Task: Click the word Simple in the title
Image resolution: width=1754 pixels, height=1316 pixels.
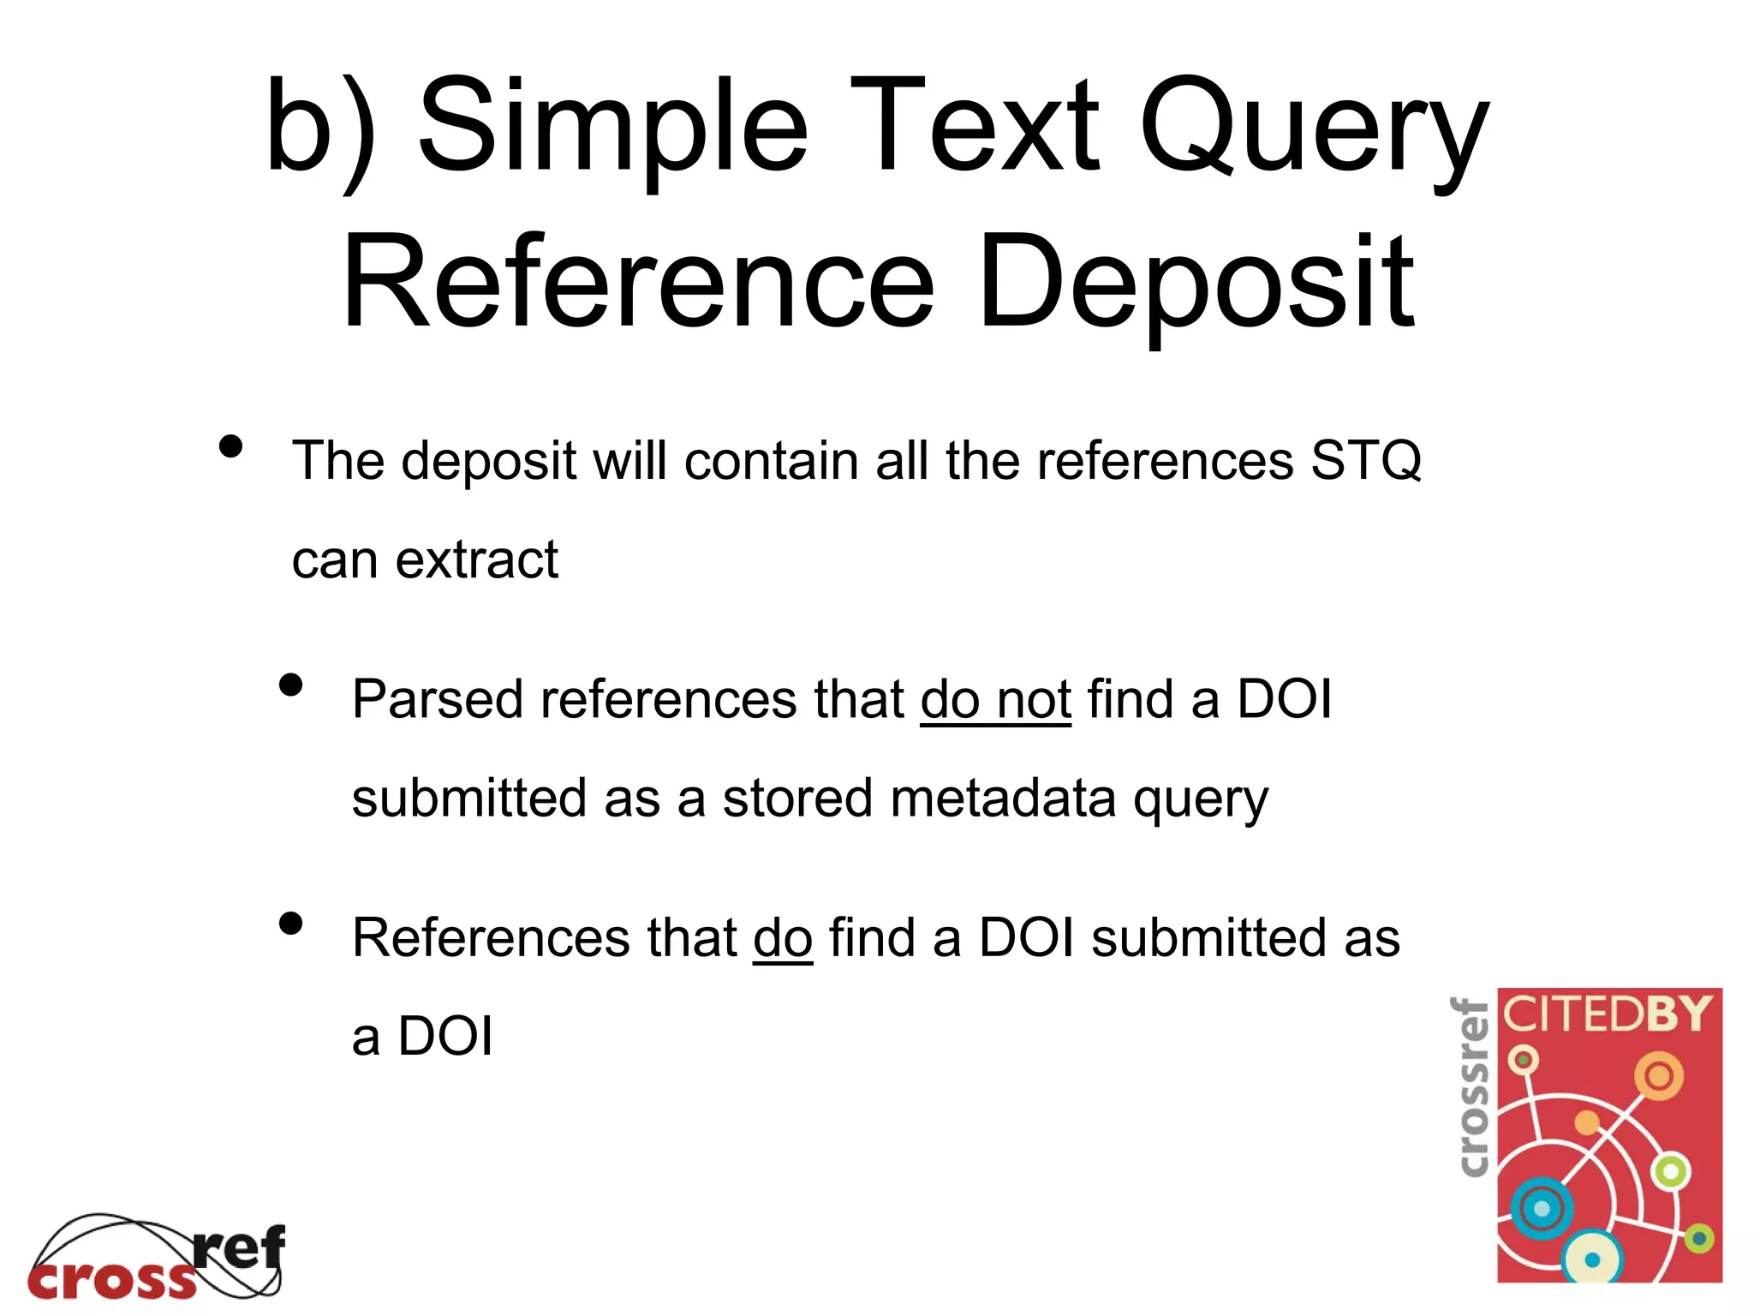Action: [613, 127]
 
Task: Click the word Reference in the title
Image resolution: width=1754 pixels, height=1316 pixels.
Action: [638, 283]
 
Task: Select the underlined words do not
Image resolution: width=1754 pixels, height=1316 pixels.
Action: [995, 699]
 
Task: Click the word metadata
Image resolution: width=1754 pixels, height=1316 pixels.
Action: [1003, 799]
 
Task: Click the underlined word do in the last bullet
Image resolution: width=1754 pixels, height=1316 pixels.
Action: [782, 937]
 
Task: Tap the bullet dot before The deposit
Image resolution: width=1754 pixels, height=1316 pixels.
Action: [230, 446]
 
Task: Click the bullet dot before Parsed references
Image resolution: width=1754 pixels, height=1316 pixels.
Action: [291, 685]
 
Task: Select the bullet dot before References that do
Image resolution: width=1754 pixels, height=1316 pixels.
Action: [291, 923]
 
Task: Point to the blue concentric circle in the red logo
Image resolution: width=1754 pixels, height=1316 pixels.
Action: [1542, 1209]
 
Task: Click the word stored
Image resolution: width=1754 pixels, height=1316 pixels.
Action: [797, 799]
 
